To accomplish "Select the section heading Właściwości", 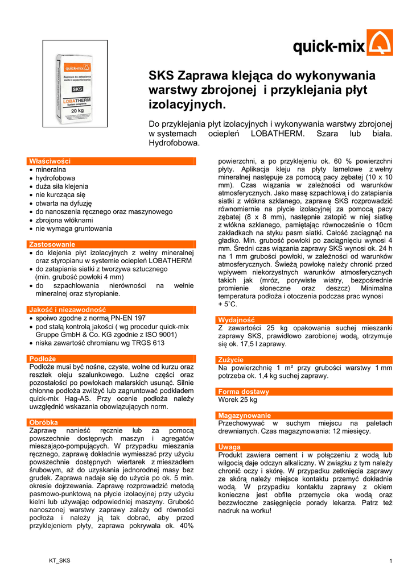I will (x=50, y=161).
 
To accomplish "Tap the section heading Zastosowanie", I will (x=52, y=244).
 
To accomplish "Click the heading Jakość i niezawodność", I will (x=68, y=310).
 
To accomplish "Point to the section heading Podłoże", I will (x=43, y=359).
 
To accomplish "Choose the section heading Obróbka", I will (x=43, y=422).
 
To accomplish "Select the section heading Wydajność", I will (x=236, y=320).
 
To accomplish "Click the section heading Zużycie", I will (x=231, y=360).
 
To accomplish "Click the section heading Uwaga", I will (x=229, y=447).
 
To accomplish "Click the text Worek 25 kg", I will (x=238, y=400).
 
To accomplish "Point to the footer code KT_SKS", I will (x=60, y=561).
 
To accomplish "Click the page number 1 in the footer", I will (x=391, y=562).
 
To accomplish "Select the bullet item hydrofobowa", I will (x=55, y=178).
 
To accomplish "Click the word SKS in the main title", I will (x=162, y=76).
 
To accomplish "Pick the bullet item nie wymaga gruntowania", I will (x=73, y=228).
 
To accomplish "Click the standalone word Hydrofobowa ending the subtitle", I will (x=174, y=143).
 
